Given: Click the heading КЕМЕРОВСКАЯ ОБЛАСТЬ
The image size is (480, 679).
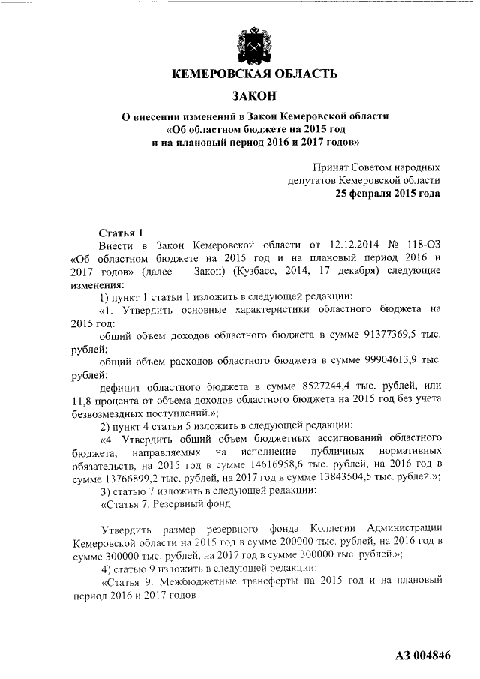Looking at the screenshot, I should [x=250, y=74].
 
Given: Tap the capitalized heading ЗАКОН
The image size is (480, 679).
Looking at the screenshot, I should [x=250, y=95].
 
